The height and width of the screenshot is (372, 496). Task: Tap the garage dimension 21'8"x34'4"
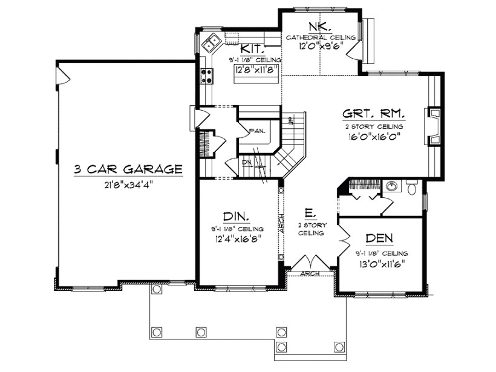click(x=128, y=185)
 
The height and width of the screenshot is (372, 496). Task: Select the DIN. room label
click(x=237, y=217)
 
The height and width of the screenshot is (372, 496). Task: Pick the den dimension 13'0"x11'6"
click(x=381, y=263)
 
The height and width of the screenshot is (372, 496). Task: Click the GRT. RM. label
click(x=373, y=113)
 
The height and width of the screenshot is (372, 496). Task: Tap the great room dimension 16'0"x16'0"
click(x=373, y=137)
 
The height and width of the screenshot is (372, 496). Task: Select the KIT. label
click(x=250, y=49)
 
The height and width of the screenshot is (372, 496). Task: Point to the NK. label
click(x=319, y=26)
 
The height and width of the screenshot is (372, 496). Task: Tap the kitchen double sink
click(x=211, y=43)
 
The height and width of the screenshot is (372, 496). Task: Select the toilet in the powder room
click(x=413, y=189)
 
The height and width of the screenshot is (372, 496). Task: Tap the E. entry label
click(x=308, y=213)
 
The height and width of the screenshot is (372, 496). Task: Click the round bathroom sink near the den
click(x=392, y=186)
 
